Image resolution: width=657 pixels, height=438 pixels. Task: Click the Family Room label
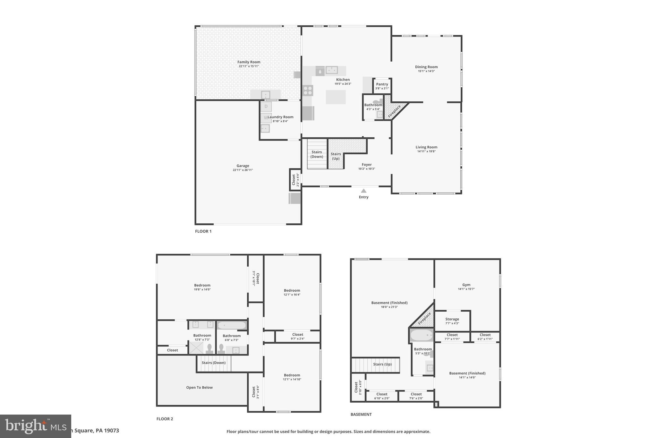pos(249,62)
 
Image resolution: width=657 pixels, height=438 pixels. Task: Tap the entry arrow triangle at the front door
pos(363,191)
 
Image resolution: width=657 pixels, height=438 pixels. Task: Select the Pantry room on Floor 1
pos(382,86)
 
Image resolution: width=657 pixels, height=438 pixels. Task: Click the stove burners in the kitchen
pos(308,90)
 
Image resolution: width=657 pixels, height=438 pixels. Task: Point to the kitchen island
pos(336,97)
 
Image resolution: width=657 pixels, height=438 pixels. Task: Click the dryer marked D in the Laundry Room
pos(266,107)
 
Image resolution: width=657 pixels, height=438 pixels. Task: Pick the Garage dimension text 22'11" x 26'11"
pos(243,170)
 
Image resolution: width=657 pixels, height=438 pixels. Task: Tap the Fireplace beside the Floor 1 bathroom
pos(394,110)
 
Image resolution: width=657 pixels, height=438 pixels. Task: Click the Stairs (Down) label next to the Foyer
pos(317,154)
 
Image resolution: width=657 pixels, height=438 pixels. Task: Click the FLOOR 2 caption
pos(165,419)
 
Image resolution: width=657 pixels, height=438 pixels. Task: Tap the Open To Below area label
pos(199,387)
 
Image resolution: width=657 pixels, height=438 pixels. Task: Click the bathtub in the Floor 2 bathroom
pos(231,325)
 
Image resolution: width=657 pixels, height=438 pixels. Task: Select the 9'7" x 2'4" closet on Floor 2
pos(297,336)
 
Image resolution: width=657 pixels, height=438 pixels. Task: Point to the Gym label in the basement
pos(466,285)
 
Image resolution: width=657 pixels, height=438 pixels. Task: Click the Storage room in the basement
pos(452,321)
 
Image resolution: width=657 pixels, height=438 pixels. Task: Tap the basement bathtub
pos(422,336)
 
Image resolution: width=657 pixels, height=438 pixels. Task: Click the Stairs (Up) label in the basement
pos(382,364)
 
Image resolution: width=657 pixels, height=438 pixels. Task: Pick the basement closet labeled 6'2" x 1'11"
pos(485,337)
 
